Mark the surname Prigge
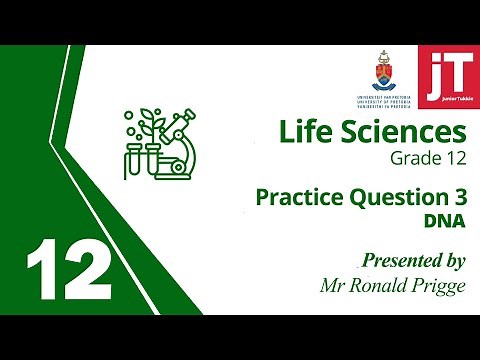click(x=440, y=285)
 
